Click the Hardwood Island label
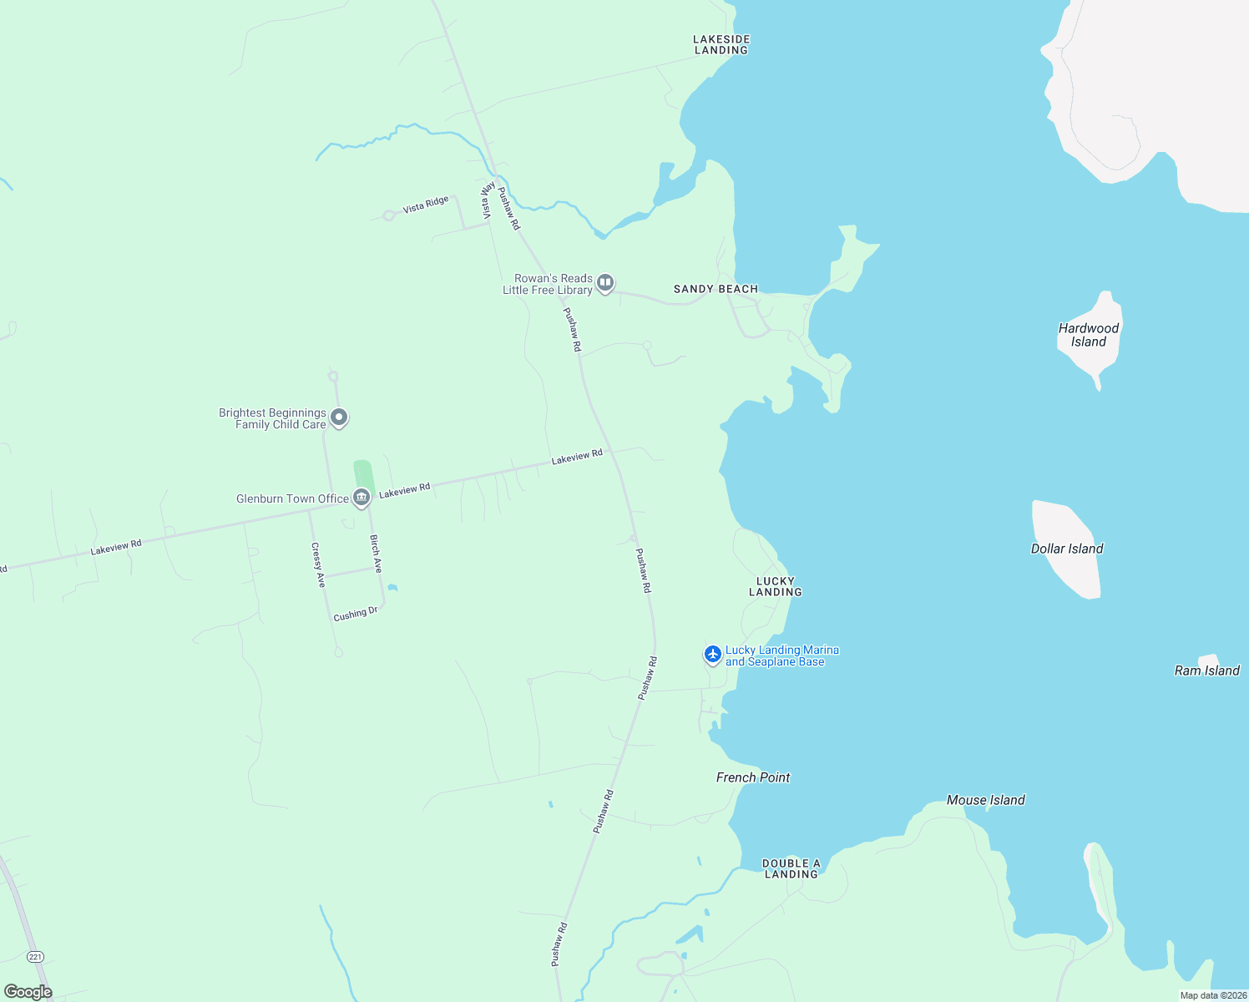click(1089, 335)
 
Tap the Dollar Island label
click(1067, 549)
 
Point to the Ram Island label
click(1206, 671)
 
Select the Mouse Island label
click(985, 800)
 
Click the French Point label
click(753, 777)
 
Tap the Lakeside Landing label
click(721, 44)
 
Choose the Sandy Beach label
click(716, 289)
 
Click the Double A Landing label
click(791, 868)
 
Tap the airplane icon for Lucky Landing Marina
click(712, 655)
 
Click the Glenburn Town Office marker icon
click(362, 498)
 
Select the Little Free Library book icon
click(605, 283)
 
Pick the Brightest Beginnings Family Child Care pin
click(338, 417)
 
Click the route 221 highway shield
click(35, 956)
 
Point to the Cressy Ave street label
click(318, 565)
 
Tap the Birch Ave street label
click(376, 554)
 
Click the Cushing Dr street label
click(356, 614)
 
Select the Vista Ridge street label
click(426, 205)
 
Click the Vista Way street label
click(488, 200)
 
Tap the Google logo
click(28, 992)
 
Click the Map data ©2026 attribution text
click(1213, 995)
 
